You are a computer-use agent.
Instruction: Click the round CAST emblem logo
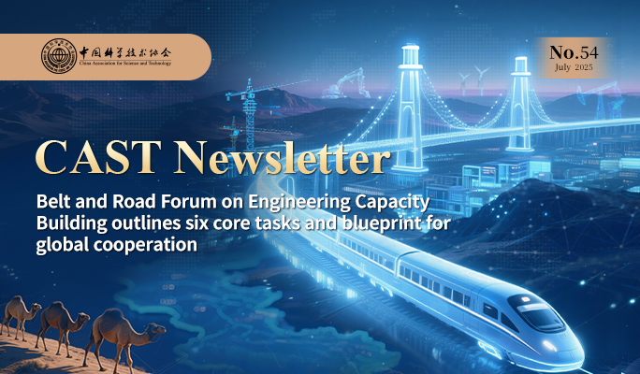pos(59,56)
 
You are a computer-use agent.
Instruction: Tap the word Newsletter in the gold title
pos(282,158)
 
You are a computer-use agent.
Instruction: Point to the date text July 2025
pos(574,67)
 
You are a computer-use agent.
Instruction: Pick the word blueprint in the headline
pos(381,224)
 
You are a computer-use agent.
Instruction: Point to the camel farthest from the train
pos(20,315)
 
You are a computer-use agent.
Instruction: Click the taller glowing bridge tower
pos(410,108)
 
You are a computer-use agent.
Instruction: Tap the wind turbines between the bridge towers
pos(473,79)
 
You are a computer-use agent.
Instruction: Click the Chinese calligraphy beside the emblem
pos(125,53)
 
